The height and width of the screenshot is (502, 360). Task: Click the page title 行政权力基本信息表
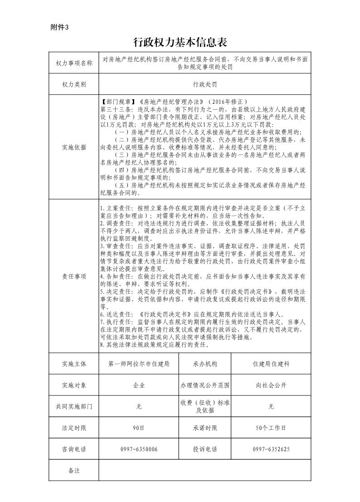(180, 42)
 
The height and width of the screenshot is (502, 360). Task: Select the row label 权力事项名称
(74, 63)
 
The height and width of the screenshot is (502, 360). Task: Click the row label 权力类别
(74, 85)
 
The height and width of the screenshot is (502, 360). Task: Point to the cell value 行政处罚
(205, 85)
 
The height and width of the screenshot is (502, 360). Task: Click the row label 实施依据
(74, 147)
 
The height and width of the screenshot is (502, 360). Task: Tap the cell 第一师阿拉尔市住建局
(139, 363)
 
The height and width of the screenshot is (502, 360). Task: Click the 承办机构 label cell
(205, 363)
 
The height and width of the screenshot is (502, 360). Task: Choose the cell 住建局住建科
(271, 363)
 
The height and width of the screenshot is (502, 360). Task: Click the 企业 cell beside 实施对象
(139, 385)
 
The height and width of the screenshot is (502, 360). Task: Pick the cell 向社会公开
(271, 385)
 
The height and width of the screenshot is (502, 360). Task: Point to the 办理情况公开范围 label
(205, 385)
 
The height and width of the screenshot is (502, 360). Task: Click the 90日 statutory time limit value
(139, 428)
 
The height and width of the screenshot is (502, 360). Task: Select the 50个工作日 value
(271, 428)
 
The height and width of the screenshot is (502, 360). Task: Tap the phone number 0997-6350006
(139, 449)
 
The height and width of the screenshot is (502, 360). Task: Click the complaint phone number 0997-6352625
(271, 449)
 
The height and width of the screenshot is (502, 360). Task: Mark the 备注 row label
(74, 470)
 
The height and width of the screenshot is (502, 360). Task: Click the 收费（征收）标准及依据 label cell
(205, 406)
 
